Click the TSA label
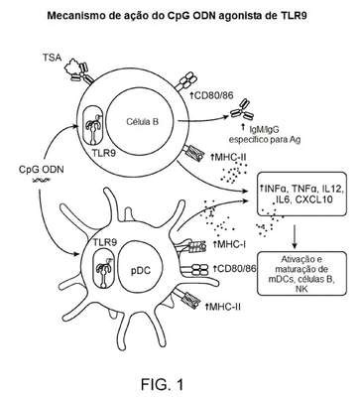pyautogui.click(x=52, y=58)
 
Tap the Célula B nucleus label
pyautogui.click(x=142, y=122)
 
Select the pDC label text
pyautogui.click(x=139, y=270)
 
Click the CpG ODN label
pyautogui.click(x=42, y=170)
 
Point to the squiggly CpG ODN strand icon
pyautogui.click(x=41, y=180)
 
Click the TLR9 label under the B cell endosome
pyautogui.click(x=104, y=153)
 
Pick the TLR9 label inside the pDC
pyautogui.click(x=105, y=242)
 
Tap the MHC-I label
pyautogui.click(x=229, y=245)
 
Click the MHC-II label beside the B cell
pyautogui.click(x=228, y=156)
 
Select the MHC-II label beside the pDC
pyautogui.click(x=223, y=307)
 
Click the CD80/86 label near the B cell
pyautogui.click(x=211, y=95)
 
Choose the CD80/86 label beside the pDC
pyautogui.click(x=234, y=269)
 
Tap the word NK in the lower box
pyautogui.click(x=301, y=289)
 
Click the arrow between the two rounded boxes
pyautogui.click(x=295, y=236)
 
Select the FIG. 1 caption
pyautogui.click(x=162, y=384)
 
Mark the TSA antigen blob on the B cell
pyautogui.click(x=71, y=66)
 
